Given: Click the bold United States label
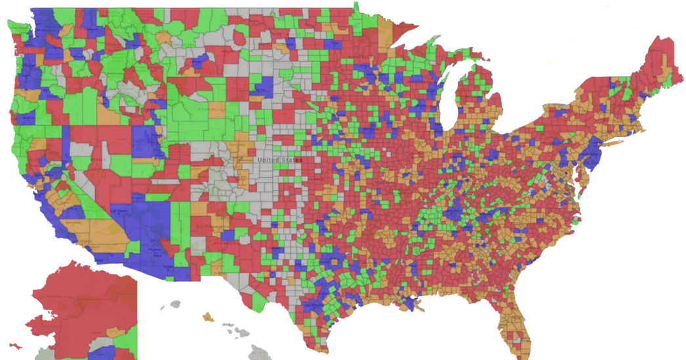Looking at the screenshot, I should (279, 159).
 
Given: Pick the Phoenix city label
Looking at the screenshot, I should (155, 249).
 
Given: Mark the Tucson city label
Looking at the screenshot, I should (169, 268).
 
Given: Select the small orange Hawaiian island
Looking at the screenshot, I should (209, 317).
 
